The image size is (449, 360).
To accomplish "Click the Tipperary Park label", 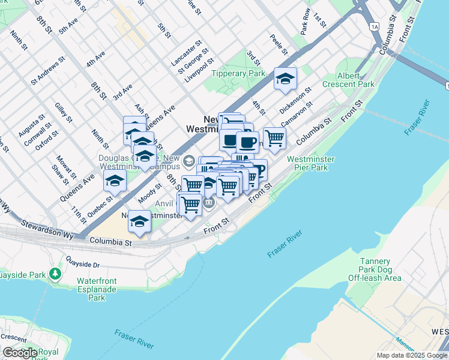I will (x=238, y=73).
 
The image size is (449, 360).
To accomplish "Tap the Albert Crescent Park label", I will (x=340, y=80).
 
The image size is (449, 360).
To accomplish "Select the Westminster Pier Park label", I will (x=310, y=164).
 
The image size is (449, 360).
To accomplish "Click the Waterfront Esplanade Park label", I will (x=97, y=289).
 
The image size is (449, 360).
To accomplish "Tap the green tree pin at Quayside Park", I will (x=56, y=274).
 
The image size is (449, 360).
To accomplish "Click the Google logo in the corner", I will (x=20, y=353).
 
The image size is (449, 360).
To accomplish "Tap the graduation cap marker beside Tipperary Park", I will (x=285, y=79).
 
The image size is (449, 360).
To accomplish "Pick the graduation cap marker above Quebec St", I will (x=115, y=179).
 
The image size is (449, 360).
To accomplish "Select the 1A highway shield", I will (x=375, y=27).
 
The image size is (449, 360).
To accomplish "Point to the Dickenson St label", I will (x=295, y=98).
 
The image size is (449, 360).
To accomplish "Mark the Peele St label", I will (x=276, y=43).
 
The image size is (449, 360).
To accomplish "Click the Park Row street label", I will (x=306, y=20).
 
